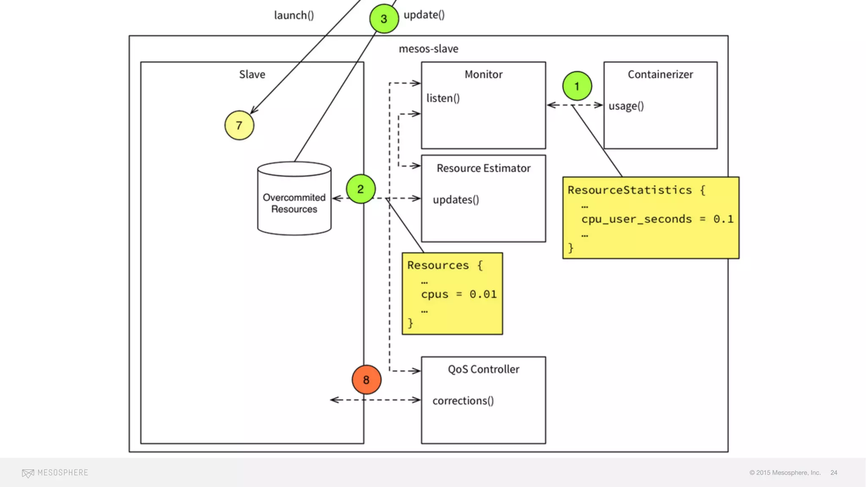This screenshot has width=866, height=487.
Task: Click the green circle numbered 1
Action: coord(577,86)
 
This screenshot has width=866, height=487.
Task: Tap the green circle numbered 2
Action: coord(361,189)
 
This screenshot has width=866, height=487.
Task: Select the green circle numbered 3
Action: coord(384,19)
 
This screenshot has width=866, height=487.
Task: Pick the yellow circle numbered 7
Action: coord(239,126)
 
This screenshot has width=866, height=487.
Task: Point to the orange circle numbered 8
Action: coord(367,380)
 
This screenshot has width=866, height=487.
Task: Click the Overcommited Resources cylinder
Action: coord(294,198)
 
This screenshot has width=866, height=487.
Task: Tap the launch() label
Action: coord(294,15)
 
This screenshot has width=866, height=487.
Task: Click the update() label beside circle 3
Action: coord(424,15)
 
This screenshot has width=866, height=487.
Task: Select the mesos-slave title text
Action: coord(428,49)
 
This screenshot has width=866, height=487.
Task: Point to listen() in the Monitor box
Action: coord(443,98)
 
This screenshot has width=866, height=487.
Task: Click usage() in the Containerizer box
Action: coord(626,106)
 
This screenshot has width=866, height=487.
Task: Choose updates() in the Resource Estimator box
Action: coord(456,200)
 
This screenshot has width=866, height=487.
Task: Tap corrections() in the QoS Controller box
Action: coord(463,400)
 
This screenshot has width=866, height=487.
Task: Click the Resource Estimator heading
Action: coord(483,168)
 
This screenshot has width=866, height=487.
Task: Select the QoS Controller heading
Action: coord(483,369)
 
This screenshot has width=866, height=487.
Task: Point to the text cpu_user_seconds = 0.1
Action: coord(657,219)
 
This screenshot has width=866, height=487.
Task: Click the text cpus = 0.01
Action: coord(459,294)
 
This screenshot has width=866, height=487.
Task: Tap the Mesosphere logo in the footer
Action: coord(55,473)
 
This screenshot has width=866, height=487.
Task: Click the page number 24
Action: coord(834,473)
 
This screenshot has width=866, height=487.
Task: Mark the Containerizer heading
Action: coord(660,74)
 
